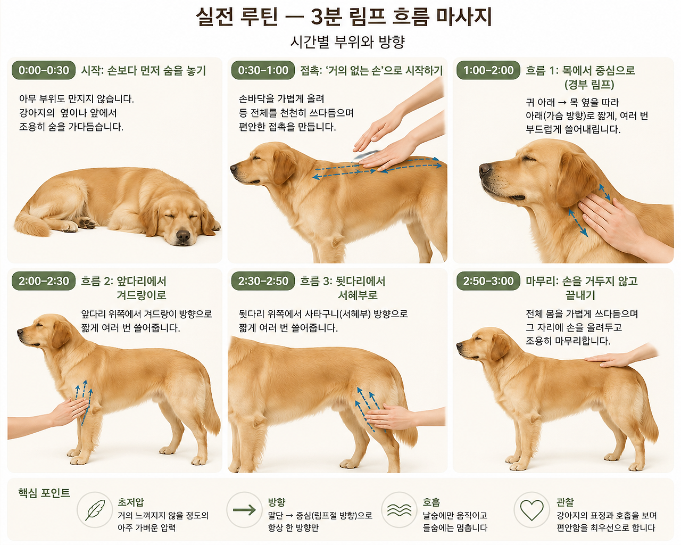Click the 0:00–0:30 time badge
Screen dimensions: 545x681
[x=44, y=70]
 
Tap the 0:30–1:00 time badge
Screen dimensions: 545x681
[x=263, y=70]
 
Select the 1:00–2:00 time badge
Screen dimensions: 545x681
[x=488, y=70]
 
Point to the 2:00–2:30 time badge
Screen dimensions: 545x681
[x=44, y=281]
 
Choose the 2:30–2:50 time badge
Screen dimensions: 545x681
[x=263, y=281]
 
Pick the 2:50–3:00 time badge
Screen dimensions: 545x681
[x=488, y=281]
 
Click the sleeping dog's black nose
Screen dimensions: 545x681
[x=183, y=236]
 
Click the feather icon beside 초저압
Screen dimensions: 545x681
[x=95, y=510]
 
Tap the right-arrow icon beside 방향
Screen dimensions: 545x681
[x=244, y=510]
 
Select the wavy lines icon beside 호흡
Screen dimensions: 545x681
[x=399, y=510]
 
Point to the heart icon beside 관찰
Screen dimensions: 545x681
[x=531, y=510]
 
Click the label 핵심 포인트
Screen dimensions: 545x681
[x=44, y=493]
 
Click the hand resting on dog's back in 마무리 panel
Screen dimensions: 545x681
[x=612, y=360]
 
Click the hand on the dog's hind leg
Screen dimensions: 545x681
[x=391, y=417]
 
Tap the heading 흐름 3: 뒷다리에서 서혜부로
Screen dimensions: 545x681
[x=343, y=288]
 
